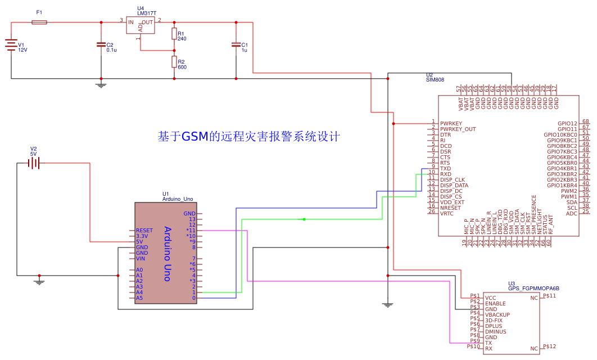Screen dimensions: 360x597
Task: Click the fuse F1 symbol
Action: point(39,22)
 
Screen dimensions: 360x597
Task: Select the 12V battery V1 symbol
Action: point(11,45)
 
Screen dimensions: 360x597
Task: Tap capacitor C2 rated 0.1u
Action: point(101,44)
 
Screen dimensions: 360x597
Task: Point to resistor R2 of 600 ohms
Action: point(174,61)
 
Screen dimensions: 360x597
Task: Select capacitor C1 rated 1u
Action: point(236,44)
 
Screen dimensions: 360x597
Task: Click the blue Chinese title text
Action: point(249,137)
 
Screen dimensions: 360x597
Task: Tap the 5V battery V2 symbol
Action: point(34,163)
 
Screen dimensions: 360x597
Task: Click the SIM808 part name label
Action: point(435,80)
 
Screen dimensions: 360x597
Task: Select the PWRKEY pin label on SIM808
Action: point(451,123)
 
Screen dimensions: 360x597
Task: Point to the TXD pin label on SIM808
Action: point(446,168)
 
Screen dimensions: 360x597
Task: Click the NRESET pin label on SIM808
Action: point(451,208)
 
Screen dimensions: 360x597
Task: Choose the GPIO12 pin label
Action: point(567,123)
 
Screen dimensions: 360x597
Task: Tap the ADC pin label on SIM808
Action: point(572,213)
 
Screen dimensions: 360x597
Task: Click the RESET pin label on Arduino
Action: point(144,230)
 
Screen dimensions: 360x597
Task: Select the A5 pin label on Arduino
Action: point(139,298)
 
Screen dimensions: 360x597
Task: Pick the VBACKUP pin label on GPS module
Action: point(497,314)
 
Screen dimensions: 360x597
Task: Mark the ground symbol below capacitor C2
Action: point(101,85)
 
